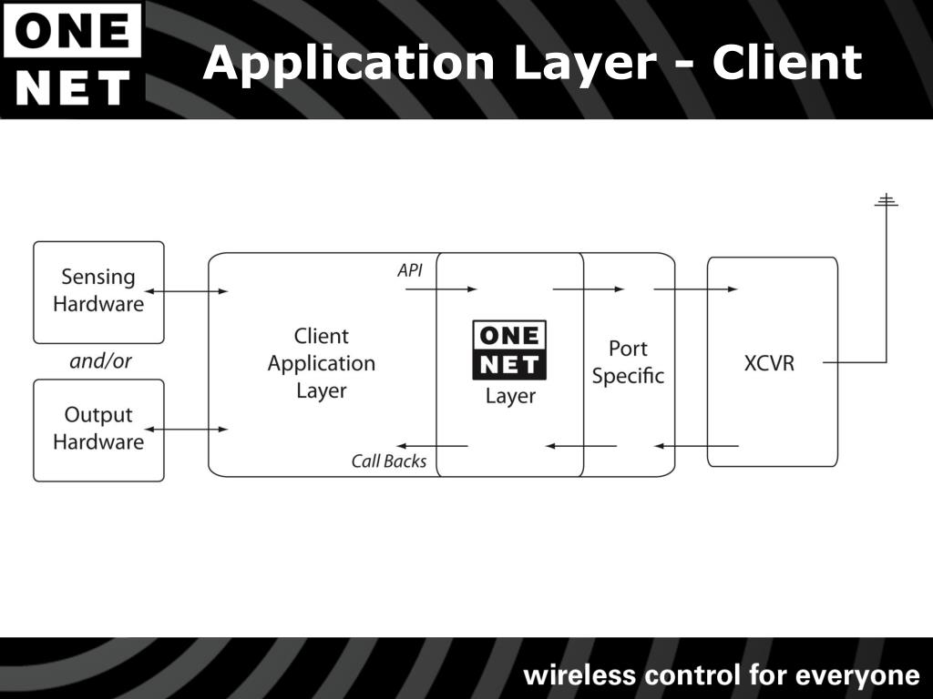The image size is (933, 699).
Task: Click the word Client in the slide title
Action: [786, 63]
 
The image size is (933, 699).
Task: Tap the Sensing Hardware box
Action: [98, 291]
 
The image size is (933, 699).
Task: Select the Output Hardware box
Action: [98, 430]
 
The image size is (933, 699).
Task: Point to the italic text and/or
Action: [100, 361]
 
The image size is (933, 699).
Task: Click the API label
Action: [410, 270]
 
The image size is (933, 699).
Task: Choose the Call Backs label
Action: [389, 461]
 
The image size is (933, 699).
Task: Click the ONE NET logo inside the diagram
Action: [509, 349]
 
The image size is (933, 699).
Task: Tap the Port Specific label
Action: [628, 362]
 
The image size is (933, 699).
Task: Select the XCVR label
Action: [769, 363]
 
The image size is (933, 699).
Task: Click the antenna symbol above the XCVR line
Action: [886, 201]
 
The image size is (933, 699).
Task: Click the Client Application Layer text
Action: [321, 363]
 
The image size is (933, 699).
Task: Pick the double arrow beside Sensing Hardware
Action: [186, 291]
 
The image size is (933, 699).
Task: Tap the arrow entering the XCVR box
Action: [696, 289]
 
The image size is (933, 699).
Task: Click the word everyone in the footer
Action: [857, 675]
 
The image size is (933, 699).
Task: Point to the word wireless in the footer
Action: [579, 675]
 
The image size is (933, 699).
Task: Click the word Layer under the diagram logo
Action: [510, 397]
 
